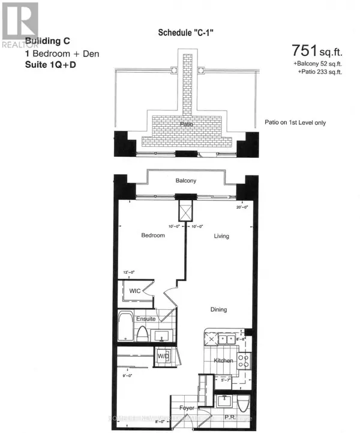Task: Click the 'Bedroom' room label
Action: (152, 235)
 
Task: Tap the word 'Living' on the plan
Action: (222, 236)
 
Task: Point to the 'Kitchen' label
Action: (223, 360)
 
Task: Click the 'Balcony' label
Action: (186, 181)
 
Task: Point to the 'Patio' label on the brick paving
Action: (186, 124)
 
